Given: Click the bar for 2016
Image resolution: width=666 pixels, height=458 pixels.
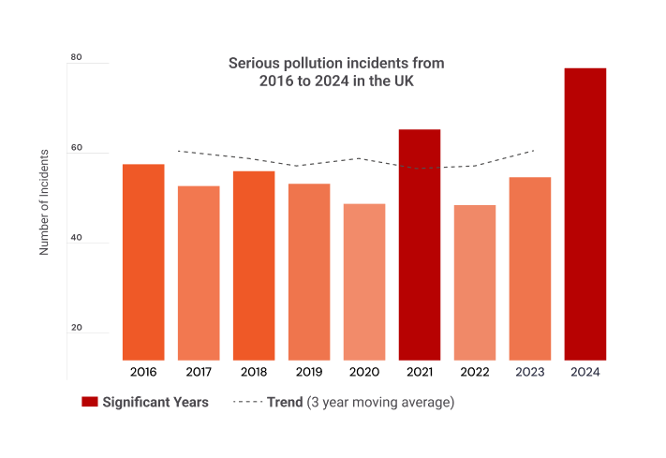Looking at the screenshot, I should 143,262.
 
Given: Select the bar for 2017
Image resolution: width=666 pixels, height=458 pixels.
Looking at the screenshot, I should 199,273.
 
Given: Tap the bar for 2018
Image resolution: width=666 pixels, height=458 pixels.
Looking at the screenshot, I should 254,265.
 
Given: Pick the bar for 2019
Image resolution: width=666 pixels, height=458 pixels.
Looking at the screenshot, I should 309,272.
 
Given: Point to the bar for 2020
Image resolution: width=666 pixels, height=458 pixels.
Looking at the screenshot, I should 364,282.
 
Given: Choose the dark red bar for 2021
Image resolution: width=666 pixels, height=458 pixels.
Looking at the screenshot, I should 420,244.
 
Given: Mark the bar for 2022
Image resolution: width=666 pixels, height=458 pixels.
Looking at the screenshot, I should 475,282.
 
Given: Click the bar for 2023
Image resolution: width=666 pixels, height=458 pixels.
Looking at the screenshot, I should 530,268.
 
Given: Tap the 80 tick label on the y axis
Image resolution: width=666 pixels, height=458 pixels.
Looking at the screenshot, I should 77,58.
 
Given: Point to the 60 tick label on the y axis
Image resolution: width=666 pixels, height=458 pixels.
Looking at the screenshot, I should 77,148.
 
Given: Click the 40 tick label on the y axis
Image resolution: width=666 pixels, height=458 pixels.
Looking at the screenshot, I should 77,238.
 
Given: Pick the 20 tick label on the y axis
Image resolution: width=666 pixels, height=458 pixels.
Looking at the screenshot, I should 77,328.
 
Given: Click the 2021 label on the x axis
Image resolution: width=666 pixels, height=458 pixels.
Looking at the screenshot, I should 420,372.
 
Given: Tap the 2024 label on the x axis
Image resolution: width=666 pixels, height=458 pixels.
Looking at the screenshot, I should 585,372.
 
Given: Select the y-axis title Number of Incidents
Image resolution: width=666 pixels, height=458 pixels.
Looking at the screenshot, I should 44,199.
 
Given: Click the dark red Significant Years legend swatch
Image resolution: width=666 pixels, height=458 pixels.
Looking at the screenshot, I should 90,402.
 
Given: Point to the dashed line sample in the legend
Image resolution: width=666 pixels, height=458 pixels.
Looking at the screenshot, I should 246,402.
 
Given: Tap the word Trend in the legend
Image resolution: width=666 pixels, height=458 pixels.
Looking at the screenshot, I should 285,402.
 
